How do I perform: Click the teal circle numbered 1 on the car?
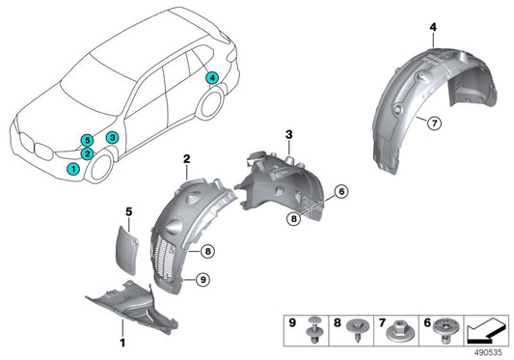[73, 169]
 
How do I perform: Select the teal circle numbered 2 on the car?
[87, 153]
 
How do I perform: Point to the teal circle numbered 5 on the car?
[87, 139]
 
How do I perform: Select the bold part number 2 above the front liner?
[187, 157]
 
